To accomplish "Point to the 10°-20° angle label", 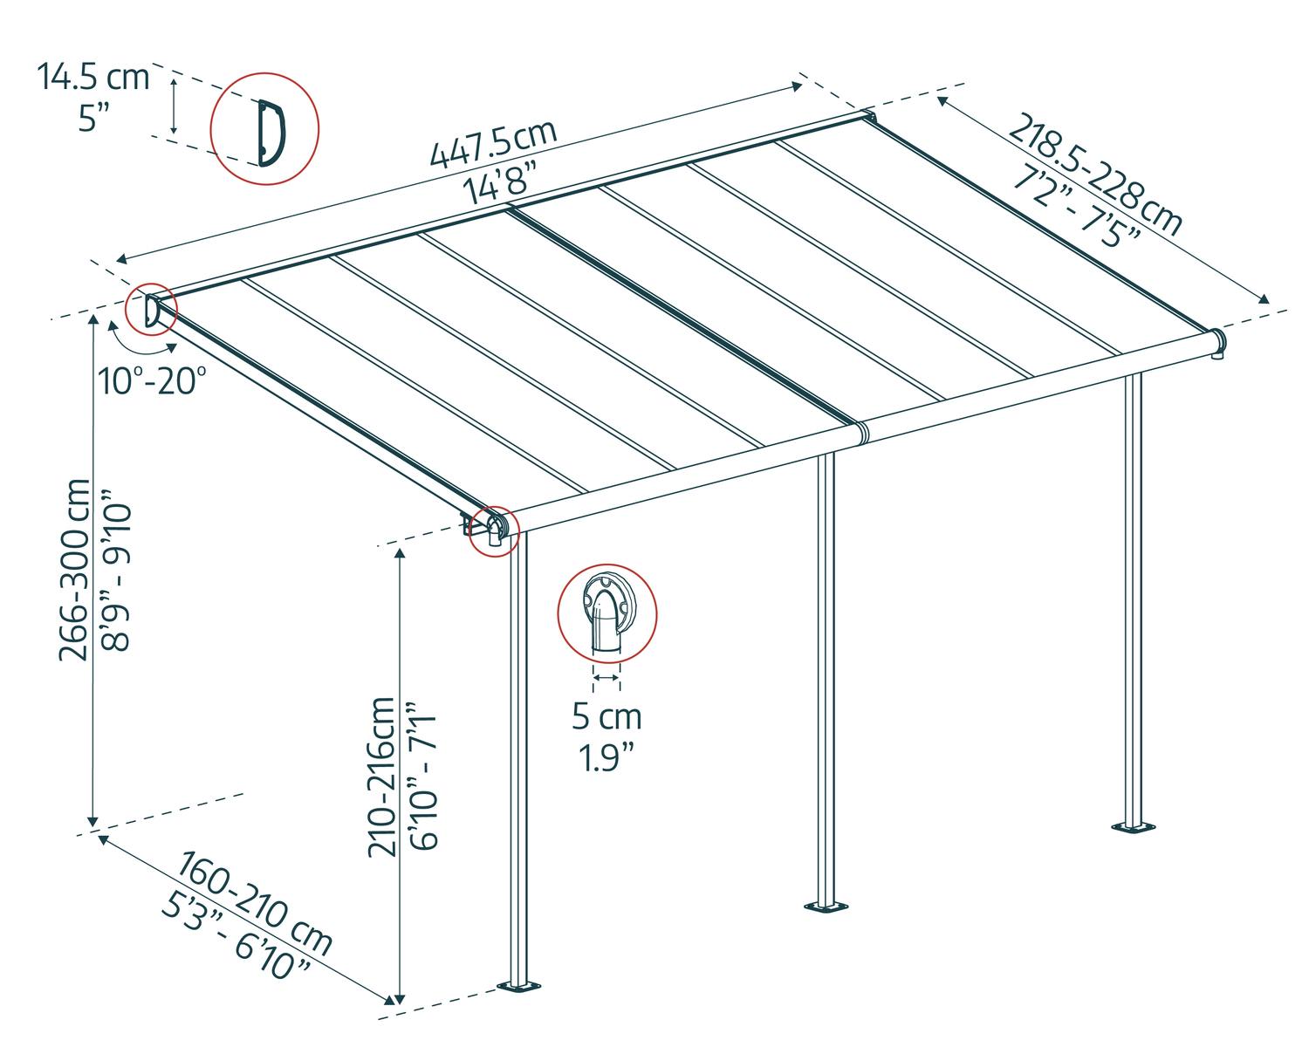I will tap(152, 381).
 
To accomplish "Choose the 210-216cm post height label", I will tap(382, 776).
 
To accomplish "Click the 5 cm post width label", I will tap(607, 716).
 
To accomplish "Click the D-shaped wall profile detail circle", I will tap(264, 132).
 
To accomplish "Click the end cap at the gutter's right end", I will tap(1217, 343).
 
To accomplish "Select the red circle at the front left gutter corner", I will tap(494, 530).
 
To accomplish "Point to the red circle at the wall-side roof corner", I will tap(150, 310).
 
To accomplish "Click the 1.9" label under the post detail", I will tap(607, 756).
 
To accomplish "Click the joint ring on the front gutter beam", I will tap(861, 432).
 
